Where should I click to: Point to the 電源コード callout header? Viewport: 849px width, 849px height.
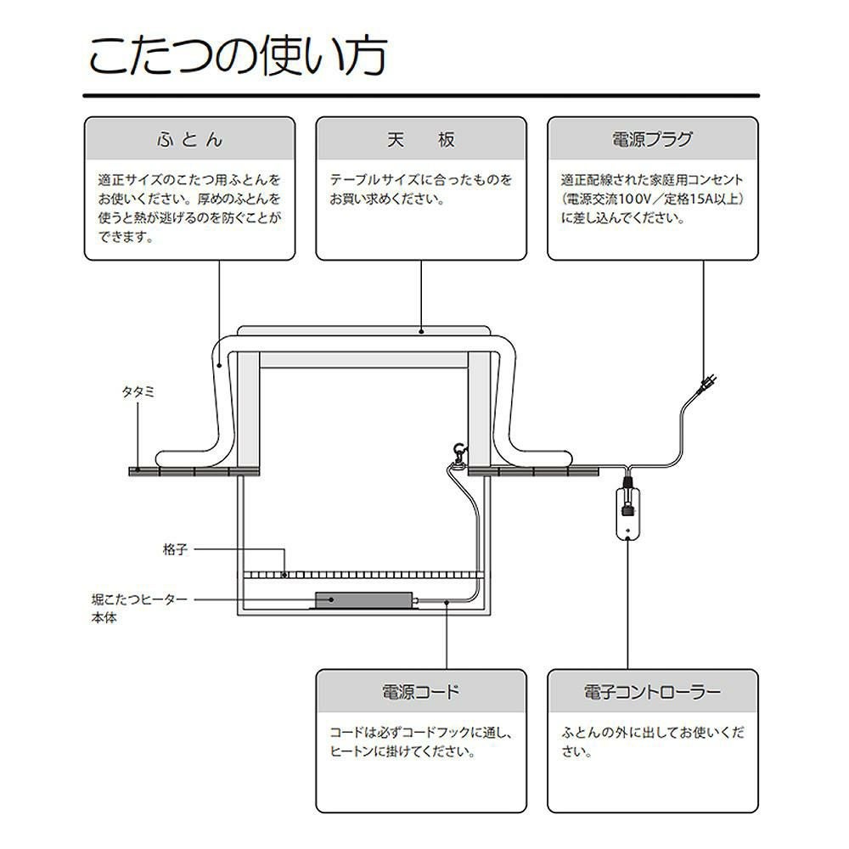pyautogui.click(x=421, y=691)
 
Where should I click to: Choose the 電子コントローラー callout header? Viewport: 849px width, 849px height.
pyautogui.click(x=652, y=691)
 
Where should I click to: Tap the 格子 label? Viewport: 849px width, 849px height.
pyautogui.click(x=174, y=550)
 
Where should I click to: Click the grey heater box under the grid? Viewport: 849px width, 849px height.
pyautogui.click(x=363, y=599)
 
